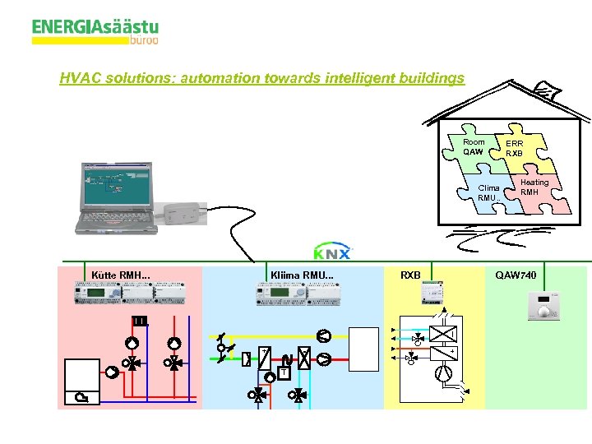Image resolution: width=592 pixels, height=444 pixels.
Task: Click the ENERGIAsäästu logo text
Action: pos(95,29)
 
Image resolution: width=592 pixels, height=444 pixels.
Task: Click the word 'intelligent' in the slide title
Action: pos(353,79)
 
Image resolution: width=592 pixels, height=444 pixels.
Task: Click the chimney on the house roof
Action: pos(543,89)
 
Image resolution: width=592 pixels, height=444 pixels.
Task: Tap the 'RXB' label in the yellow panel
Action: pos(410,275)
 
